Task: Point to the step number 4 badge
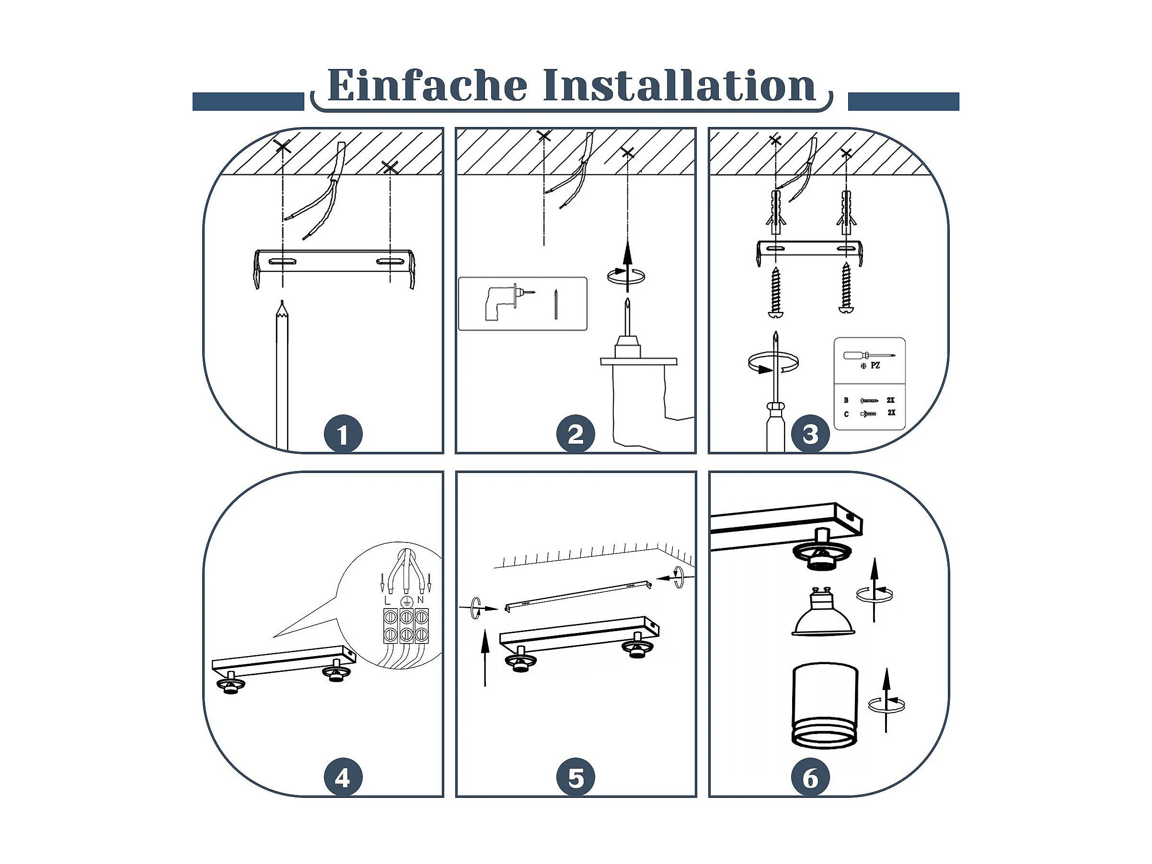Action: pyautogui.click(x=343, y=779)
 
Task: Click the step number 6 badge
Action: pyautogui.click(x=810, y=779)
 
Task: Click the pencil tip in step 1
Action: pyautogui.click(x=282, y=301)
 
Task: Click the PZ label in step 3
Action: pyautogui.click(x=875, y=366)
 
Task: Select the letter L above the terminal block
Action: pyautogui.click(x=386, y=600)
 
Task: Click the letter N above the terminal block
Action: pyautogui.click(x=421, y=600)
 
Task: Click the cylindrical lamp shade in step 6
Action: pyautogui.click(x=825, y=707)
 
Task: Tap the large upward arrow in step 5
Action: pyautogui.click(x=485, y=658)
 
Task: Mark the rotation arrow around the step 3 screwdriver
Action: pyautogui.click(x=772, y=362)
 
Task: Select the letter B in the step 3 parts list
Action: pyautogui.click(x=846, y=401)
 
